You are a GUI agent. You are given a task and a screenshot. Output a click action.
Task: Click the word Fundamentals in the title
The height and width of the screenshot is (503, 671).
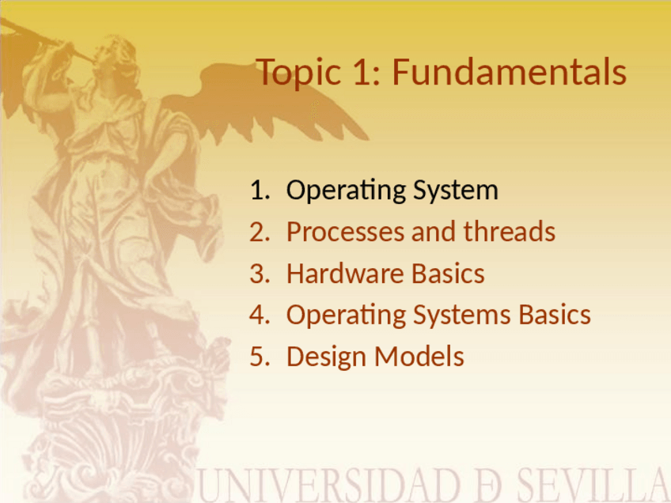(x=510, y=71)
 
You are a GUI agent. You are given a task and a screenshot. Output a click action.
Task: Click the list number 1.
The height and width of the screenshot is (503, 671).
(x=260, y=190)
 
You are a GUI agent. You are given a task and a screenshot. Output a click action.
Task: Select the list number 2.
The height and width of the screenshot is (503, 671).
(x=260, y=232)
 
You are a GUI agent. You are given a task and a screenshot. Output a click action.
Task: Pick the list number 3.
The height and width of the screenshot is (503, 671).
(x=260, y=274)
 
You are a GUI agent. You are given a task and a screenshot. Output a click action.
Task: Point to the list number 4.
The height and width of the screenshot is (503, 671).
(x=260, y=316)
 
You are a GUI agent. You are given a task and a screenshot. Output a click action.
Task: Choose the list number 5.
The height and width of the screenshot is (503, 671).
(x=260, y=357)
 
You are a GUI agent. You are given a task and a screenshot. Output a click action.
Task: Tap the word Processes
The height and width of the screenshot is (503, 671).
(x=345, y=233)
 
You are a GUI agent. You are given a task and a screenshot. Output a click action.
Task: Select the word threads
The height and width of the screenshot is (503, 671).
(x=510, y=232)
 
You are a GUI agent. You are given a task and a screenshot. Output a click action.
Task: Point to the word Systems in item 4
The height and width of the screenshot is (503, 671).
(x=462, y=316)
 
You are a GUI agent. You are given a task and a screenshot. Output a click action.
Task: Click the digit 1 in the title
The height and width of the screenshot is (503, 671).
(x=362, y=72)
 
